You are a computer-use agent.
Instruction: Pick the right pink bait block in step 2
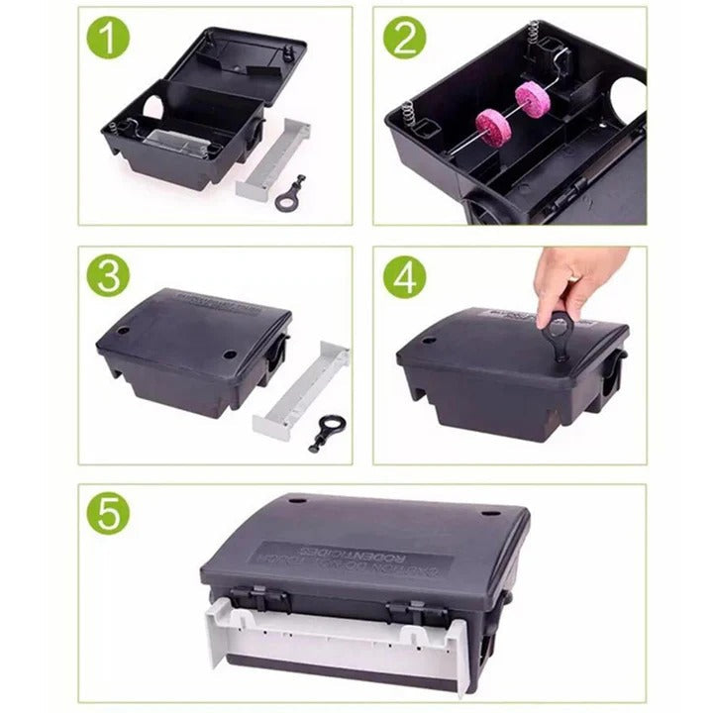532,99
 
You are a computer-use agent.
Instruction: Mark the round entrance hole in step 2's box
628,101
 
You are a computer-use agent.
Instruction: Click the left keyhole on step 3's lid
124,330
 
